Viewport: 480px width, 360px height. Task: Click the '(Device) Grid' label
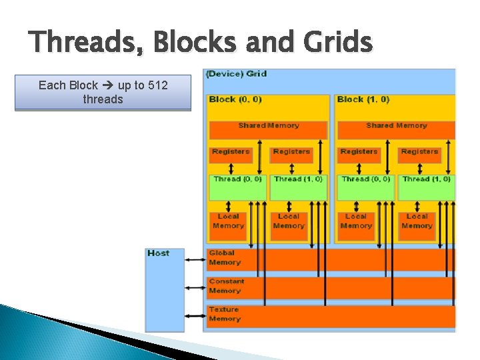click(237, 73)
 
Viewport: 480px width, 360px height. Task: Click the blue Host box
click(165, 289)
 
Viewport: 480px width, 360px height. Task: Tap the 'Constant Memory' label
click(227, 286)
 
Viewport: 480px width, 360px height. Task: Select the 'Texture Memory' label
click(225, 314)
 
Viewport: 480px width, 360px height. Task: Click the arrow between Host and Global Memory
click(195, 259)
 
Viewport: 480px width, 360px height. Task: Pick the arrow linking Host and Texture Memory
click(195, 315)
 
